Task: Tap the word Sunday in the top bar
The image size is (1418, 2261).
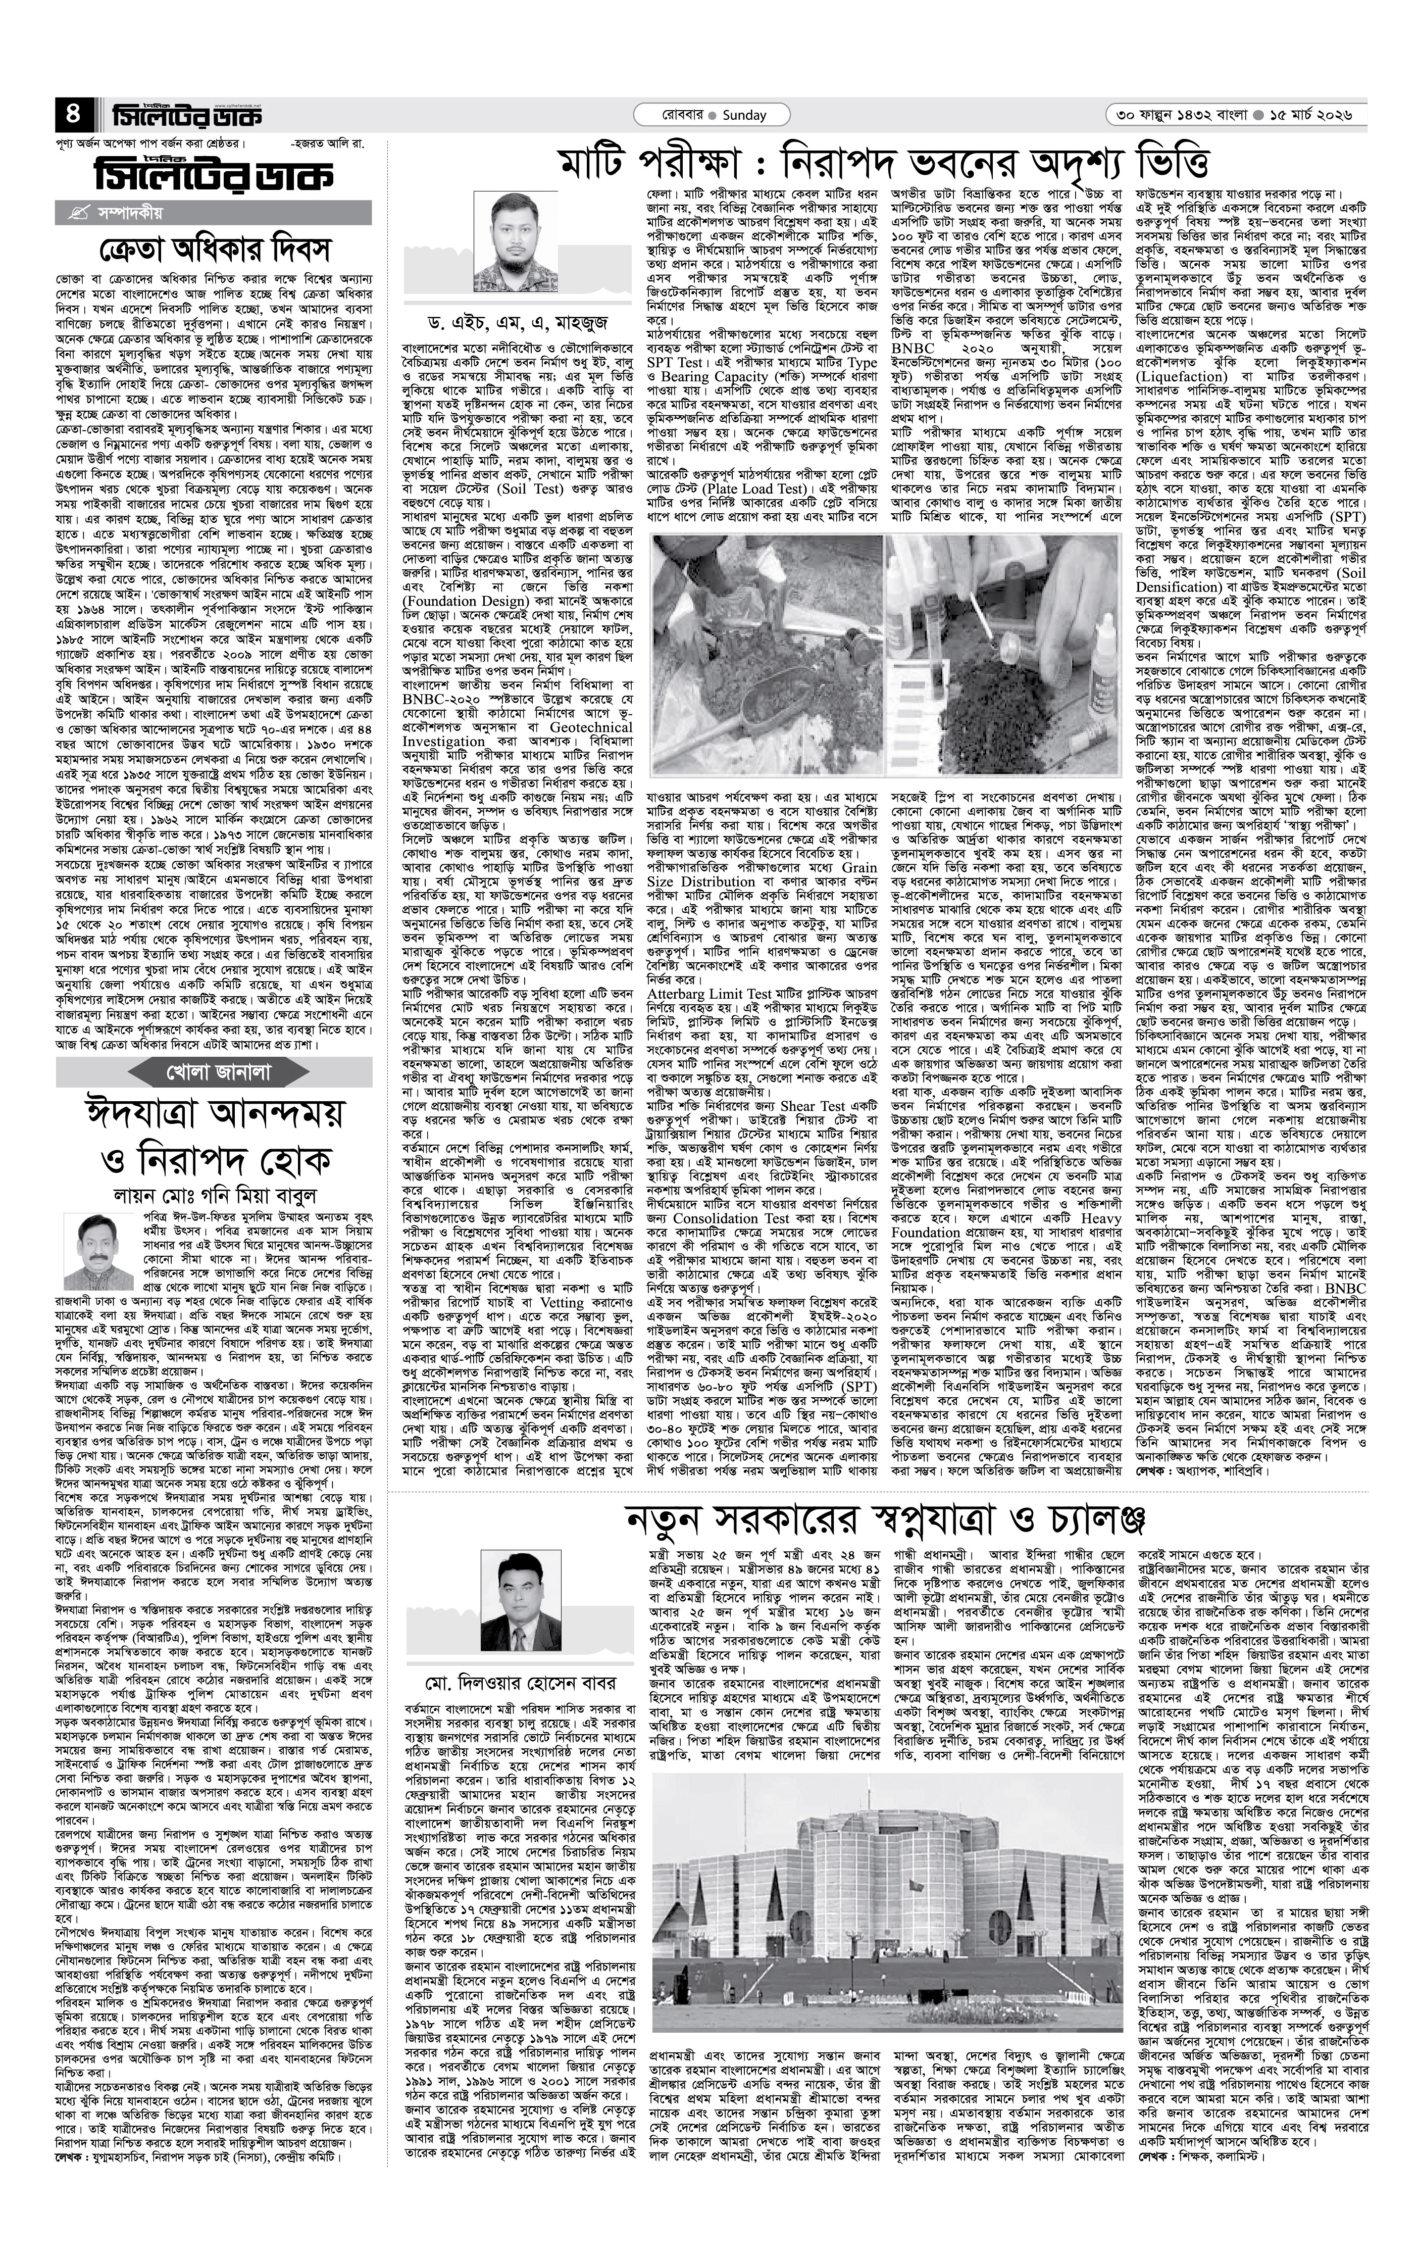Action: point(745,115)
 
